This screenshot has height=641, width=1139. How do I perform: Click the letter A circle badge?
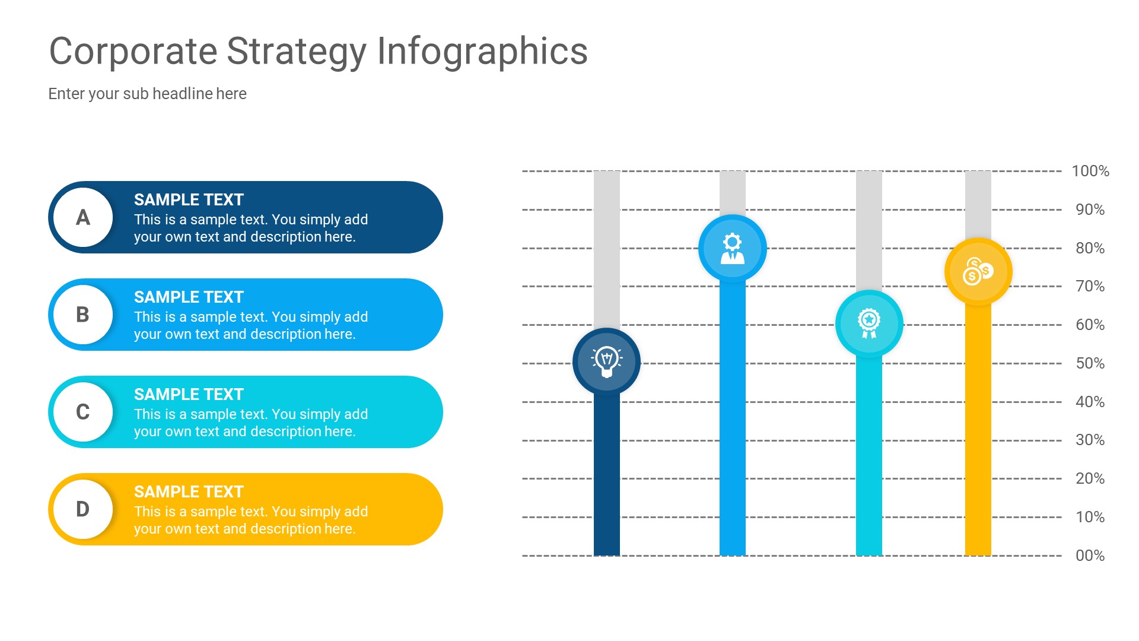[x=83, y=217]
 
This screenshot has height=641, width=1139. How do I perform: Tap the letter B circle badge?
[x=83, y=315]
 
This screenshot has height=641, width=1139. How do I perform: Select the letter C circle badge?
[x=83, y=412]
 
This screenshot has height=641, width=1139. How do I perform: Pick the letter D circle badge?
[x=83, y=509]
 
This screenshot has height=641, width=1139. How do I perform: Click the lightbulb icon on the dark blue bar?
[x=606, y=361]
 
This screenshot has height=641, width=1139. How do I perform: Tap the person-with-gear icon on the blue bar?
[x=732, y=248]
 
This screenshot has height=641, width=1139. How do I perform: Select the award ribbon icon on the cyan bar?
[x=869, y=323]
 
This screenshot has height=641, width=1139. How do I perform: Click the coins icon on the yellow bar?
[x=978, y=271]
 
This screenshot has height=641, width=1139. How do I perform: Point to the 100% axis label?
[x=1090, y=171]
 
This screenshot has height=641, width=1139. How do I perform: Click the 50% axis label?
[x=1090, y=363]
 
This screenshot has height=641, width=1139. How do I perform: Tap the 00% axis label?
[x=1090, y=556]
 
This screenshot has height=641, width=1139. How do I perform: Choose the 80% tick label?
[x=1090, y=248]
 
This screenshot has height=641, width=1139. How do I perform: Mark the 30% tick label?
[x=1090, y=440]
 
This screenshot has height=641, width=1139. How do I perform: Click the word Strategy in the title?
[x=297, y=52]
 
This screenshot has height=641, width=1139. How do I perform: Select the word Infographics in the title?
[x=482, y=52]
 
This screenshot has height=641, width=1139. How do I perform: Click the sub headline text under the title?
[x=147, y=94]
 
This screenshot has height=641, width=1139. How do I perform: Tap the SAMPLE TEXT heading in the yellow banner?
[x=189, y=492]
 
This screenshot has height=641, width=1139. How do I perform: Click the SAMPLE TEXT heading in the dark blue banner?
[x=189, y=200]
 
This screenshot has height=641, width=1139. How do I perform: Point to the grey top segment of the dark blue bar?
[x=606, y=249]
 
